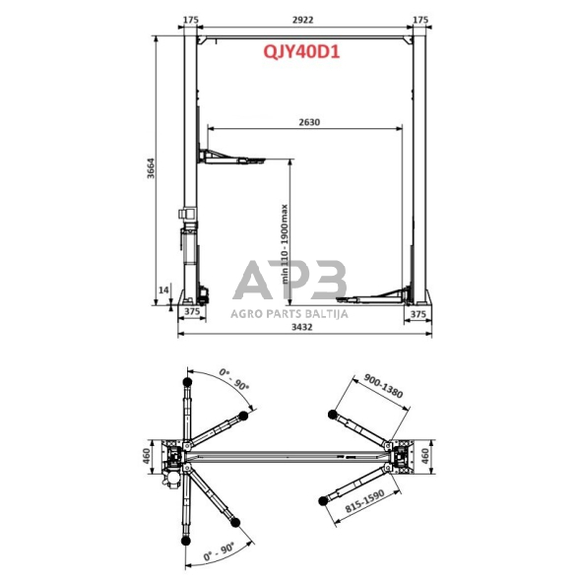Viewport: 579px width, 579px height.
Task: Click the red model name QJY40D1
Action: [301, 52]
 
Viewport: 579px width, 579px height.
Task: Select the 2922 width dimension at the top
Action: [303, 20]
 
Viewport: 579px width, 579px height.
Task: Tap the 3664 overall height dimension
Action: [151, 168]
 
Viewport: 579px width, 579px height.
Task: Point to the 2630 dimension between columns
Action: [309, 122]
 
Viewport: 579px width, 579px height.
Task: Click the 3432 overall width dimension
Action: [302, 327]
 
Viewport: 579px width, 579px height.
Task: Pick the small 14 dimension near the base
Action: [163, 289]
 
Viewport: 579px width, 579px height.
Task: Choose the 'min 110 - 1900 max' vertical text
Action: [285, 244]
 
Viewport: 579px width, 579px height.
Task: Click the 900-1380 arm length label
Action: [383, 386]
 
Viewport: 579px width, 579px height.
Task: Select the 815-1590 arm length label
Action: [364, 500]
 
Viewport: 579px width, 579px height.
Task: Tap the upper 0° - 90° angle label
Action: [234, 379]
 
